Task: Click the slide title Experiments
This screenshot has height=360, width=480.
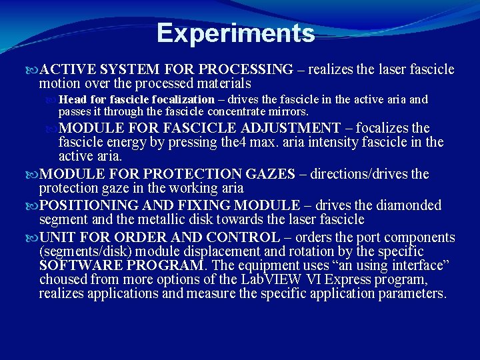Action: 235,33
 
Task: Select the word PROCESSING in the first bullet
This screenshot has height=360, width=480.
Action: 245,69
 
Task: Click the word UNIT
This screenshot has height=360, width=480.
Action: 58,237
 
